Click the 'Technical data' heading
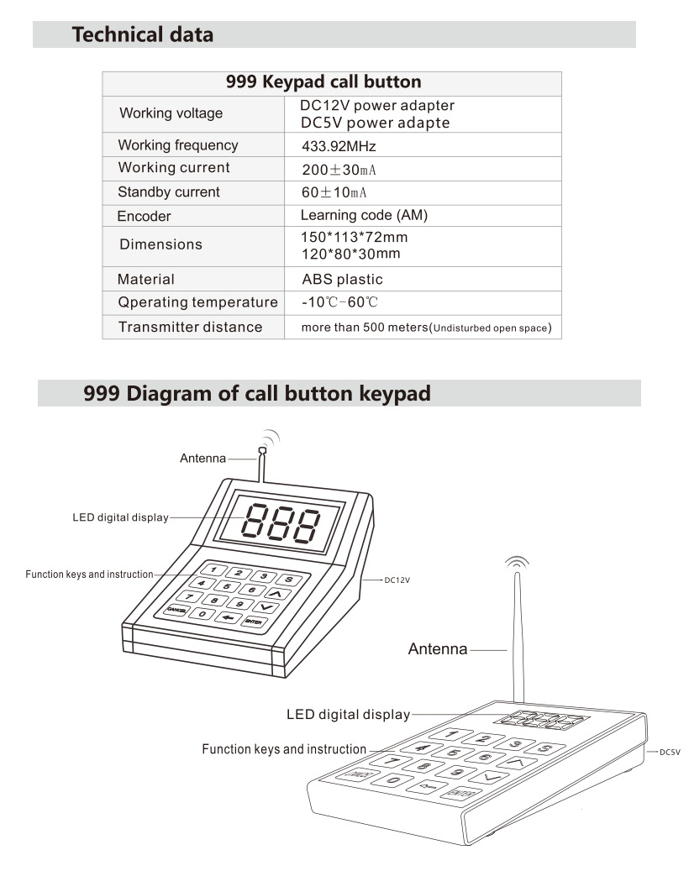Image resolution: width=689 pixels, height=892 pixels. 142,34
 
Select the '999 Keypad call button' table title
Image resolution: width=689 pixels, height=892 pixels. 323,82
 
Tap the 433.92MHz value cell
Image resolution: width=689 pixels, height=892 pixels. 339,146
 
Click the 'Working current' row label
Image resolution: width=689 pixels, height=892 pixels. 174,168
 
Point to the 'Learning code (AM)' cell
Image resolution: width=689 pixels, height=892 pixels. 364,216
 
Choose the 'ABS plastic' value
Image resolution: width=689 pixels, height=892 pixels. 342,280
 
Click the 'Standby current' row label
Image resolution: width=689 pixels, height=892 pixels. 168,192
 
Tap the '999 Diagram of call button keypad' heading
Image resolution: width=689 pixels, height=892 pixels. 256,393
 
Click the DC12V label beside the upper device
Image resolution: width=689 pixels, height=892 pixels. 397,580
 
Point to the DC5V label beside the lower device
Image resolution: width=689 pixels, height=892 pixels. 670,752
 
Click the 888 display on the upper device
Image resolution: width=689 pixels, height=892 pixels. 281,522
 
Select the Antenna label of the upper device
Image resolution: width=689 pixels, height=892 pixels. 202,459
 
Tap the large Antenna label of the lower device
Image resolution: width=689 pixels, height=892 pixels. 438,649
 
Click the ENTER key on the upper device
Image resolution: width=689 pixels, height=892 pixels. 255,622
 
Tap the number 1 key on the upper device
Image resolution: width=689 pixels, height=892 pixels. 214,569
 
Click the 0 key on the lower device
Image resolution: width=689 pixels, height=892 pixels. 392,780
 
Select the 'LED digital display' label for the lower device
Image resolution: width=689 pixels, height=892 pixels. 348,715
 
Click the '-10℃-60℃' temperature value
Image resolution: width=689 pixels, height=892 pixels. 339,302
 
